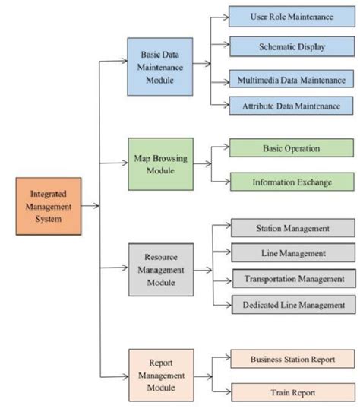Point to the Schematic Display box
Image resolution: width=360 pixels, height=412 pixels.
[x=291, y=46]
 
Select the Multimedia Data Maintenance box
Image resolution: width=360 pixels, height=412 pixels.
[x=291, y=79]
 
